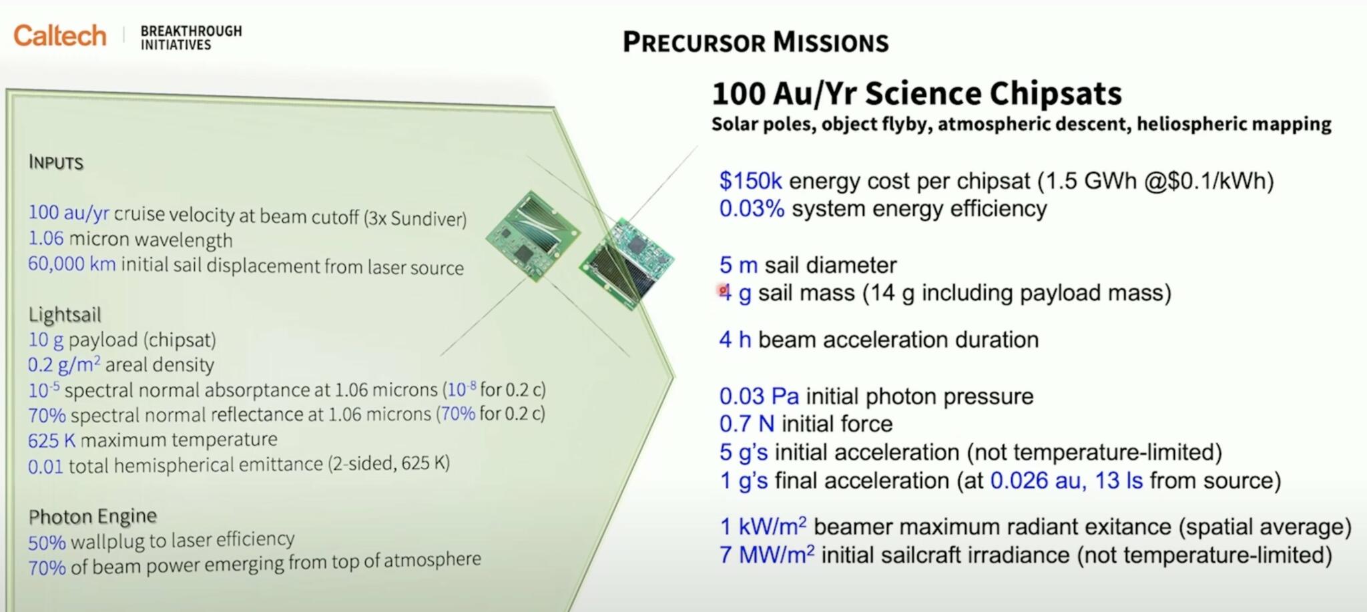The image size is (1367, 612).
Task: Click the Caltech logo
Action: [60, 35]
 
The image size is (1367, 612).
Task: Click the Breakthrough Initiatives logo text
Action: [191, 38]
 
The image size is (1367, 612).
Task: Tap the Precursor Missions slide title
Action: [755, 43]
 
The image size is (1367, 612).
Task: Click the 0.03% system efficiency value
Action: [752, 209]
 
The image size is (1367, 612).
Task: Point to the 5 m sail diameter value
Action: [738, 265]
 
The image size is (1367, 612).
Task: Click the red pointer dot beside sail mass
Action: [722, 290]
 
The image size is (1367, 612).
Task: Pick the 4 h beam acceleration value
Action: [734, 340]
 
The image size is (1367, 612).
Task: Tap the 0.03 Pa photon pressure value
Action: [758, 396]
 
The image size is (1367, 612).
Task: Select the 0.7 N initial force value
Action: [746, 424]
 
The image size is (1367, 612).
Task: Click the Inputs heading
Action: [56, 163]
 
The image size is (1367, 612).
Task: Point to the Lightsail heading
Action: [65, 314]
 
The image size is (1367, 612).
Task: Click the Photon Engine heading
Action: [93, 516]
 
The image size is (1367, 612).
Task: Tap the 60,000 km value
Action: [71, 264]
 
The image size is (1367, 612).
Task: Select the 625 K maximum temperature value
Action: [51, 440]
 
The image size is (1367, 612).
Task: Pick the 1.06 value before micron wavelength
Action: [46, 238]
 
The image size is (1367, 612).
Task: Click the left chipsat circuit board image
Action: [532, 234]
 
